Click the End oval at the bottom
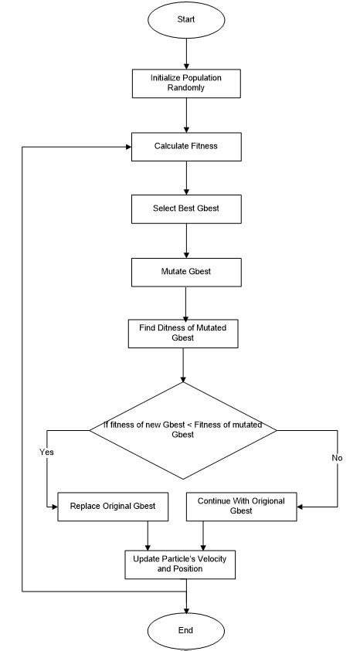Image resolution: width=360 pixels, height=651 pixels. point(185,630)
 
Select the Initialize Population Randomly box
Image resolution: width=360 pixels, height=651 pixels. point(185,83)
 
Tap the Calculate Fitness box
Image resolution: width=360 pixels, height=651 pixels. point(185,146)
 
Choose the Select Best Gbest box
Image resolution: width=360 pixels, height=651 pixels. point(185,209)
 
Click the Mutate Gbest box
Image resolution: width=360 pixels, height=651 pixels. point(185,272)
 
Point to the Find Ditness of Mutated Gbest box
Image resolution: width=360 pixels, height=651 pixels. point(182,334)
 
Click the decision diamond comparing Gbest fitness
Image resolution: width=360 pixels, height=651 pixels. point(184,429)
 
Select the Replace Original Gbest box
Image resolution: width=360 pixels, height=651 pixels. point(113,507)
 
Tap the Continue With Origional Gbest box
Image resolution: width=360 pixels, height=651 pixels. point(240,507)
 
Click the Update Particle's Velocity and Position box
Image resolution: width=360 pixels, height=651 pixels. point(178,564)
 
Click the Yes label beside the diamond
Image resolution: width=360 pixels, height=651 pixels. point(46,452)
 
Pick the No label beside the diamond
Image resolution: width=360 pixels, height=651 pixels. point(336,457)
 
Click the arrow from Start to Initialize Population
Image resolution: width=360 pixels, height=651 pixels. point(186,55)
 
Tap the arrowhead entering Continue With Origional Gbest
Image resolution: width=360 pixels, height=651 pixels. point(300,507)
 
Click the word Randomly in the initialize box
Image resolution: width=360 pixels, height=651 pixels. point(185,88)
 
